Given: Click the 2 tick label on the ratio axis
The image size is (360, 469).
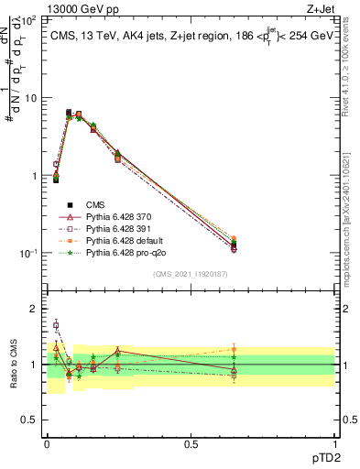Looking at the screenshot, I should tap(34, 309).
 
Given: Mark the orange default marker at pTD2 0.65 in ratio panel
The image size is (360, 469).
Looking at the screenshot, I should tap(234, 349).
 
